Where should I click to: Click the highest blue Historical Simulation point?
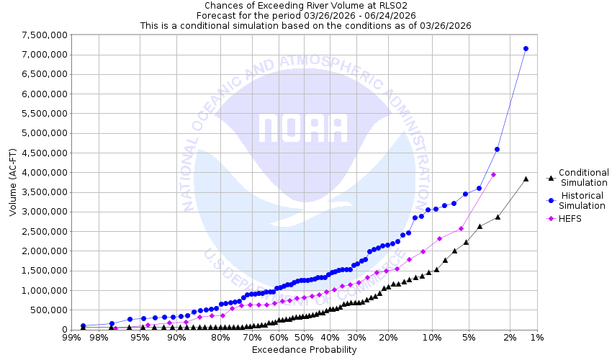point(526,49)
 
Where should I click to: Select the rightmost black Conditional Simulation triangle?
point(526,179)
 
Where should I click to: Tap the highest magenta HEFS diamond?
point(493,174)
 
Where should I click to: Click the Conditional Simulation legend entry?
point(583,177)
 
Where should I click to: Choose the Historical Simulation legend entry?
point(583,200)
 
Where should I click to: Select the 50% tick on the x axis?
point(304,337)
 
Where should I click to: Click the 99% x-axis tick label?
point(71,337)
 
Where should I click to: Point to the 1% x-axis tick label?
point(536,337)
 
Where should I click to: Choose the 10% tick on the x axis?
point(432,337)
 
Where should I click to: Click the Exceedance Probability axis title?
point(304,350)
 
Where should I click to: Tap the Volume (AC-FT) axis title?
point(13,181)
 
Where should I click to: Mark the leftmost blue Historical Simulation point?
point(83,326)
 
